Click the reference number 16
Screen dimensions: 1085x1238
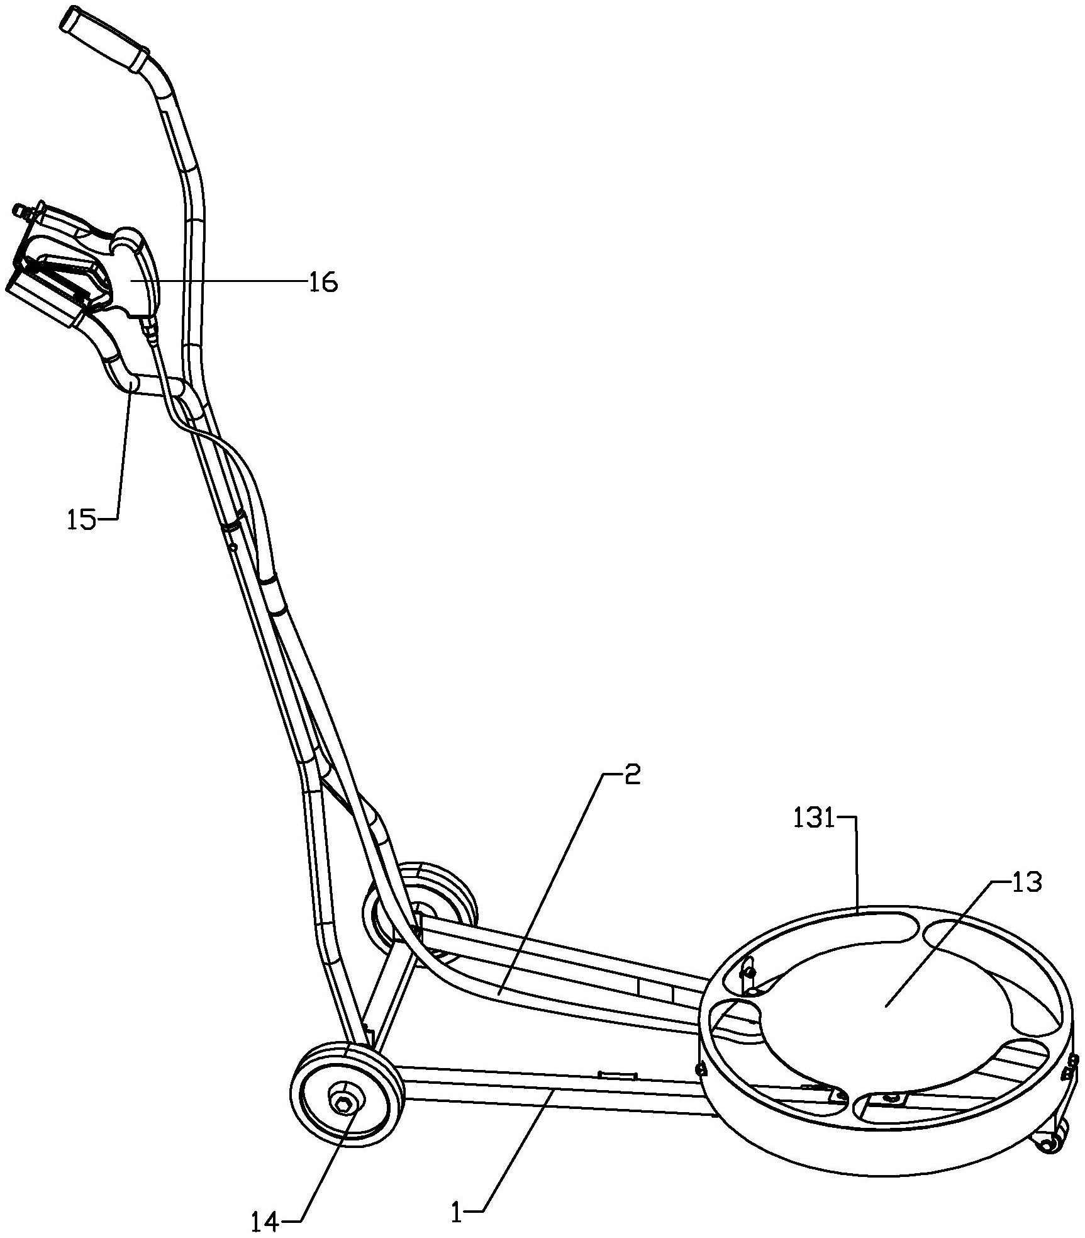(323, 283)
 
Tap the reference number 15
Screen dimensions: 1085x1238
(82, 521)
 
